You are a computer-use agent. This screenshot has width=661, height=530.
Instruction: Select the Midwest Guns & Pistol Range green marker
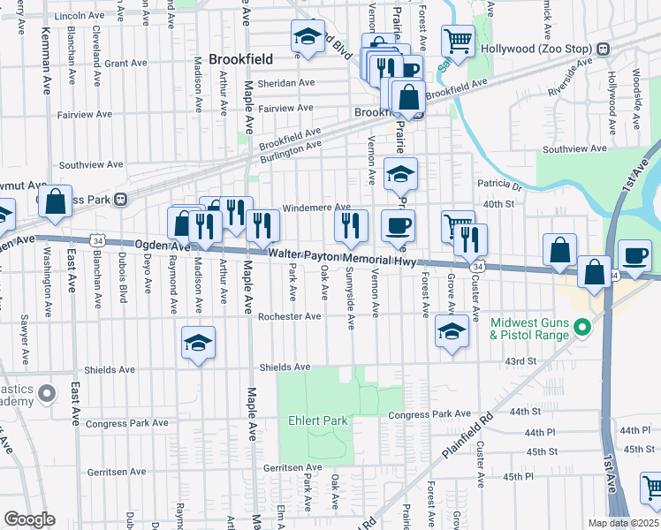point(581,329)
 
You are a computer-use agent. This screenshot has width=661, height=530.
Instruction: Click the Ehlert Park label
point(317,420)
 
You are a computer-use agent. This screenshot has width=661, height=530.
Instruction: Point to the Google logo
point(29,519)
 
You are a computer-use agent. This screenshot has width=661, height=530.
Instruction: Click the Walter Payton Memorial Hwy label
point(342,258)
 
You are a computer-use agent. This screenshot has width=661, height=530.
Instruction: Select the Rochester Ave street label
point(289,316)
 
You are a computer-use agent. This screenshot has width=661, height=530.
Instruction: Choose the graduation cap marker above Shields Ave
point(199,344)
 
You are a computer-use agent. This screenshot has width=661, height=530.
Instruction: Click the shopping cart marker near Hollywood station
point(458,40)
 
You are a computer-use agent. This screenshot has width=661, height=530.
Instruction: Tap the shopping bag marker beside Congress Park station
point(56,201)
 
